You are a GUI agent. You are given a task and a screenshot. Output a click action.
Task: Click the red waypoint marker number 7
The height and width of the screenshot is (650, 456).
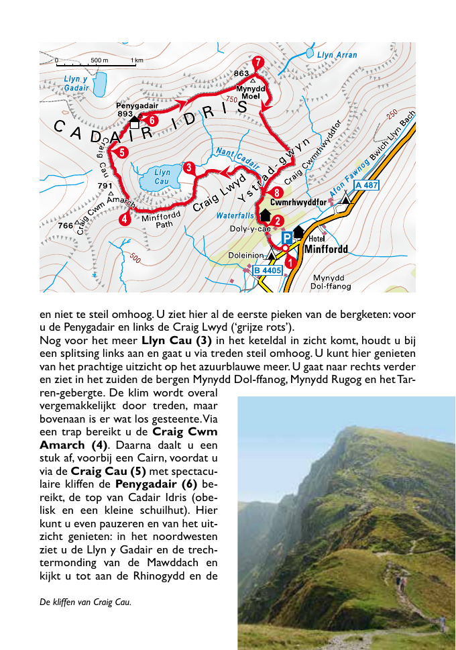pyautogui.click(x=258, y=64)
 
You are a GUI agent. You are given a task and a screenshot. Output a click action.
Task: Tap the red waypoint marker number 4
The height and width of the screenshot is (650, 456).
pyautogui.click(x=125, y=218)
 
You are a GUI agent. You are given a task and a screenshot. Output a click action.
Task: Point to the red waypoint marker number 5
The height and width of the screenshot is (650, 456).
pyautogui.click(x=122, y=152)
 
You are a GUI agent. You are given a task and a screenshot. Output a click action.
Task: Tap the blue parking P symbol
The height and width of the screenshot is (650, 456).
pyautogui.click(x=286, y=237)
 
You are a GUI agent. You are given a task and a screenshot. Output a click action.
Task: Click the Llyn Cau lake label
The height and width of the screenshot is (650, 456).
pyautogui.click(x=162, y=177)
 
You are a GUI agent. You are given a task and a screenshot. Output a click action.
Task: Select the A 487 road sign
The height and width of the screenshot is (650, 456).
pyautogui.click(x=367, y=184)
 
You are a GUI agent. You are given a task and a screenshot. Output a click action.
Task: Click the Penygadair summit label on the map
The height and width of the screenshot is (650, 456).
pyautogui.click(x=137, y=105)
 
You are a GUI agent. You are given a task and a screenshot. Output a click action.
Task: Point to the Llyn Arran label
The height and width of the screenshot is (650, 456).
pyautogui.click(x=337, y=55)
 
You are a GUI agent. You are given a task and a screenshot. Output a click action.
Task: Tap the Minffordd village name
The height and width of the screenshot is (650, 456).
pyautogui.click(x=327, y=250)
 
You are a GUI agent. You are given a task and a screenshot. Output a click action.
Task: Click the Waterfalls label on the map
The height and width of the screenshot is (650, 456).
pyautogui.click(x=235, y=216)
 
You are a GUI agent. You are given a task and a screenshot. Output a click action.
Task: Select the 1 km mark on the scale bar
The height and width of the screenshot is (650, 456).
pyautogui.click(x=137, y=60)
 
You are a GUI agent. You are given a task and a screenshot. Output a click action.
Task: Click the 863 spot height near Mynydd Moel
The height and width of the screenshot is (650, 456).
pyautogui.click(x=241, y=72)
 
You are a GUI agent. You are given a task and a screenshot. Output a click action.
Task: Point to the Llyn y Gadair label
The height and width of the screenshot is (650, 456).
pyautogui.click(x=76, y=83)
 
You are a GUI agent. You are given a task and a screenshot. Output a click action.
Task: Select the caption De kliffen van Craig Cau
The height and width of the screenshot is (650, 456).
pyautogui.click(x=85, y=602)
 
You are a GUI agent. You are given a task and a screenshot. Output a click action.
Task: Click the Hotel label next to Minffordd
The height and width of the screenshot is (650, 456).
pyautogui.click(x=317, y=239)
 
